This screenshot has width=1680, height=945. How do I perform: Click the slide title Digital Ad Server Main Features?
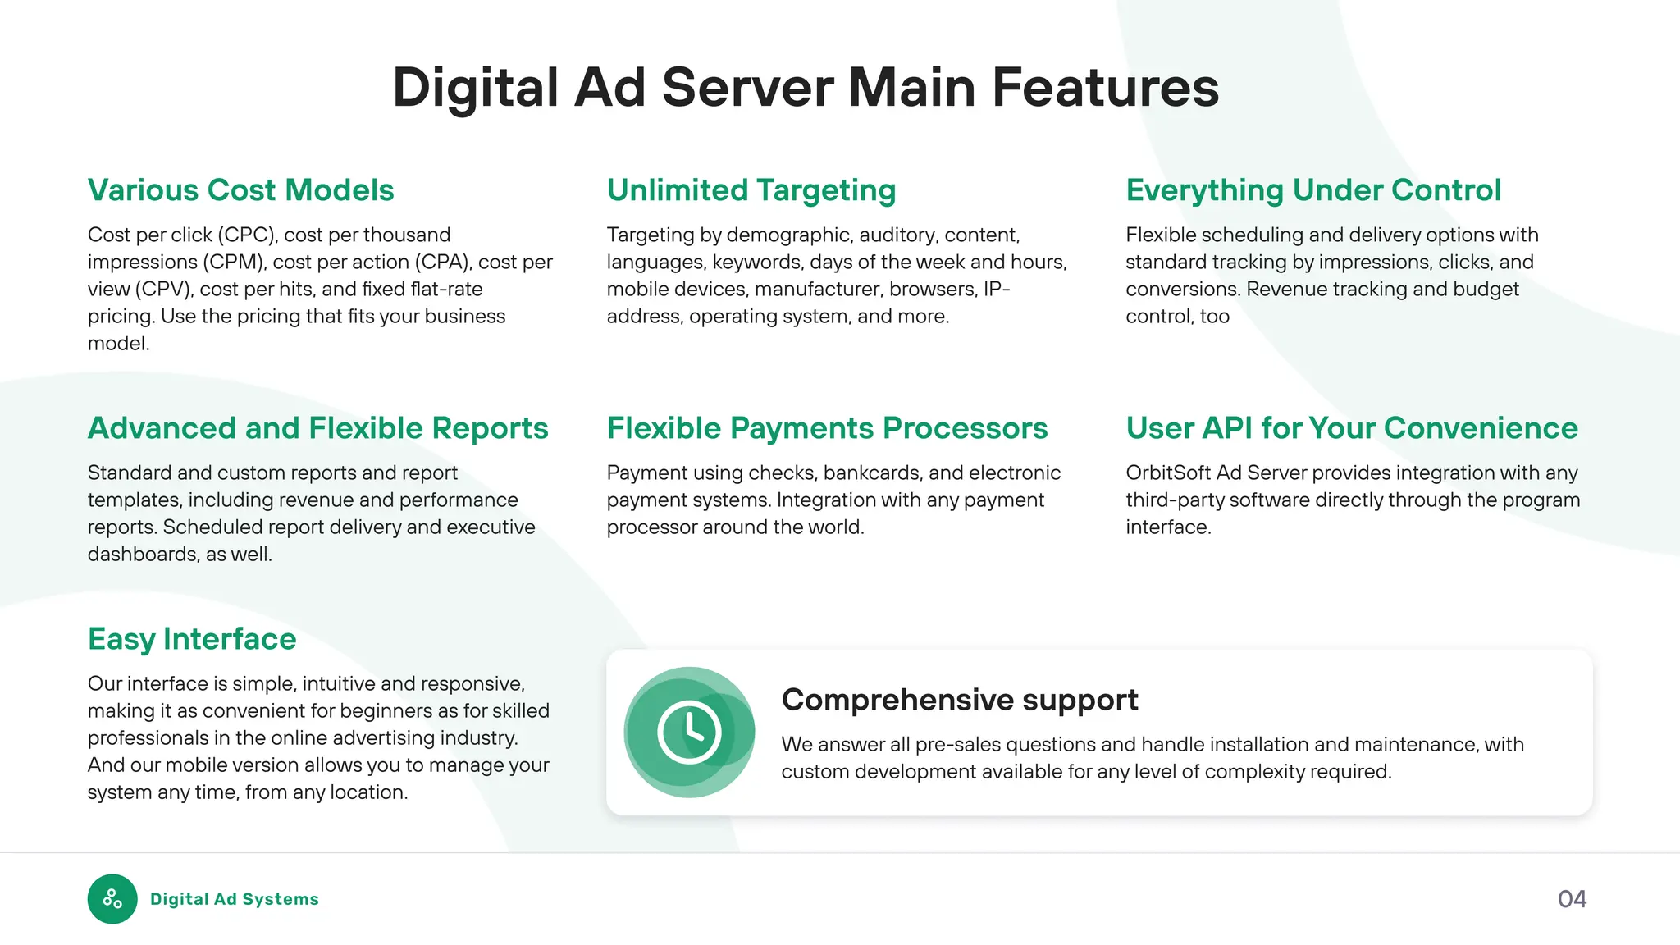tap(806, 88)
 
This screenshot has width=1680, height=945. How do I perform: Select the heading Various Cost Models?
tap(240, 190)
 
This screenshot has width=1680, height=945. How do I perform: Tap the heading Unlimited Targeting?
tap(751, 190)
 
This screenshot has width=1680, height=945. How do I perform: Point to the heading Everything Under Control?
tap(1312, 190)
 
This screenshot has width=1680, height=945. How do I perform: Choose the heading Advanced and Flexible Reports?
tap(317, 428)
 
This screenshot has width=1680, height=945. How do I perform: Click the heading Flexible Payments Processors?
tap(827, 428)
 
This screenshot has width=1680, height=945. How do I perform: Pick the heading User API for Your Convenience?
tap(1351, 428)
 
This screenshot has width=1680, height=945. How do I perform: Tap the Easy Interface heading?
tap(192, 639)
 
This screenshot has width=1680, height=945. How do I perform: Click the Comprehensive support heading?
tap(959, 700)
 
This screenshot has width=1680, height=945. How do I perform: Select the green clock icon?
tap(689, 732)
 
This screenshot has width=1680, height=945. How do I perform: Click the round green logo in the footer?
tap(112, 899)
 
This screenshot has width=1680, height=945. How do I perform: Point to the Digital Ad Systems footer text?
tap(234, 899)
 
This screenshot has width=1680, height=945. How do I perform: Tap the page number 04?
tap(1572, 899)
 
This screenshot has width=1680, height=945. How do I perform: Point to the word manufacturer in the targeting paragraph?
tap(817, 290)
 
